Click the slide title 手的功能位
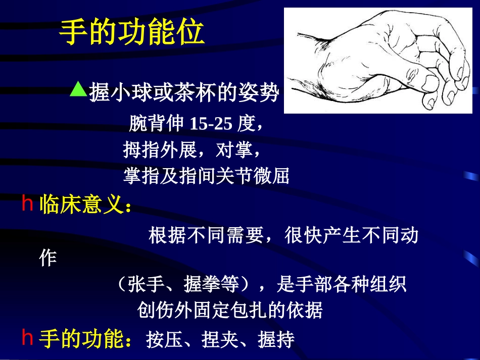pyautogui.click(x=132, y=33)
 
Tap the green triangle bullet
pyautogui.click(x=78, y=89)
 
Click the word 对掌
pyautogui.click(x=234, y=149)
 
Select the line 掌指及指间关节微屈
pyautogui.click(x=206, y=176)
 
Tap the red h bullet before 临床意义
pyautogui.click(x=27, y=204)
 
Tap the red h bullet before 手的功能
pyautogui.click(x=27, y=338)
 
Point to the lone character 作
pyautogui.click(x=49, y=259)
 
